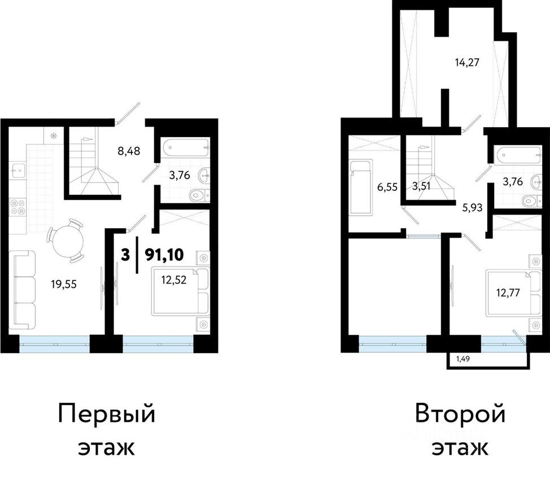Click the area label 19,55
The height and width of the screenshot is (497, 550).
click(63, 285)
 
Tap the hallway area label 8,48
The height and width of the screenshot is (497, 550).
click(128, 151)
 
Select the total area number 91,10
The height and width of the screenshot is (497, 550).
click(164, 255)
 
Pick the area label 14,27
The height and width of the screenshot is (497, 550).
click(467, 62)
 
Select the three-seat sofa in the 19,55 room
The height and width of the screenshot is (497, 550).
click(23, 290)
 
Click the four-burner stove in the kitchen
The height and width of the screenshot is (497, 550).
click(18, 207)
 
